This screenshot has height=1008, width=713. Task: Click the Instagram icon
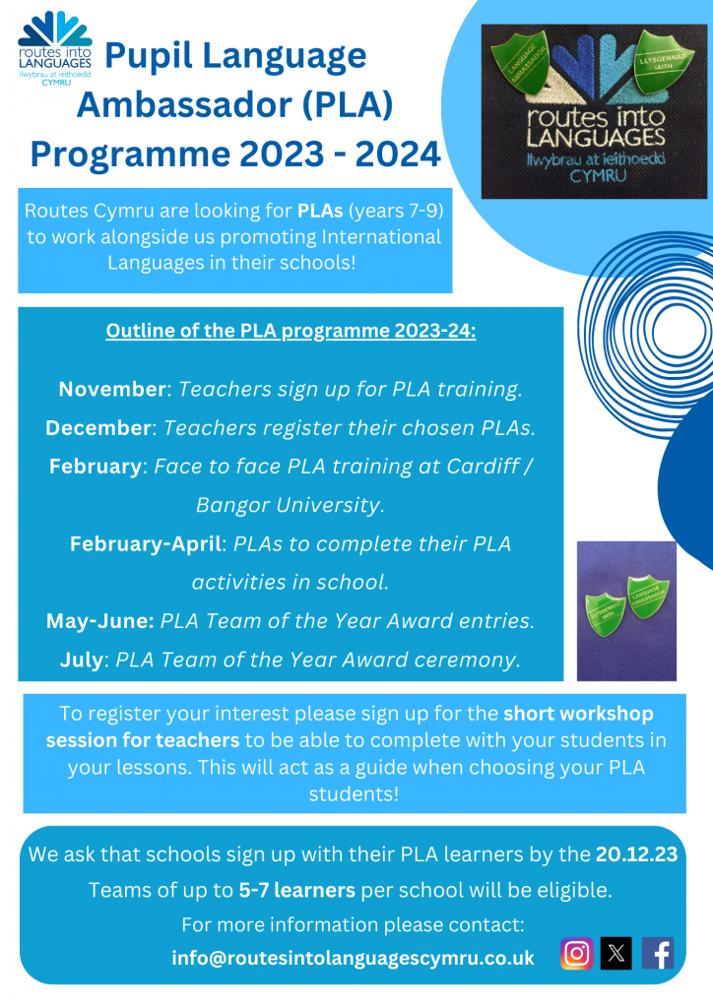point(577,953)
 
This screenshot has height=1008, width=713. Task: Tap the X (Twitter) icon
point(616,953)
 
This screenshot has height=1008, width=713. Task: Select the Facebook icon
point(657,953)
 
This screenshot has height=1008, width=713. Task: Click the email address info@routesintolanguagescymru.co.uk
point(353,957)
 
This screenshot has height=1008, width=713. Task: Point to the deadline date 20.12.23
point(636,854)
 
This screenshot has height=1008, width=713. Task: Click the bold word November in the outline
point(111,389)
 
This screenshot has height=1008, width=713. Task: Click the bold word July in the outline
point(81,660)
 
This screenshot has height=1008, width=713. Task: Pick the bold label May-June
point(99,621)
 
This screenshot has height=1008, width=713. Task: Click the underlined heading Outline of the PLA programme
point(291,331)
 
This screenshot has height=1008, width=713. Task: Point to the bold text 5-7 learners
point(297,891)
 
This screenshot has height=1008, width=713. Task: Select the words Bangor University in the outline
point(288,505)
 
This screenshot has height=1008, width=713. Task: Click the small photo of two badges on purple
point(625,610)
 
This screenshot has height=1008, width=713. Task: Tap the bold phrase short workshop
point(578,713)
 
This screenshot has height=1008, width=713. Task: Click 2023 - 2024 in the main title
point(345,153)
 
